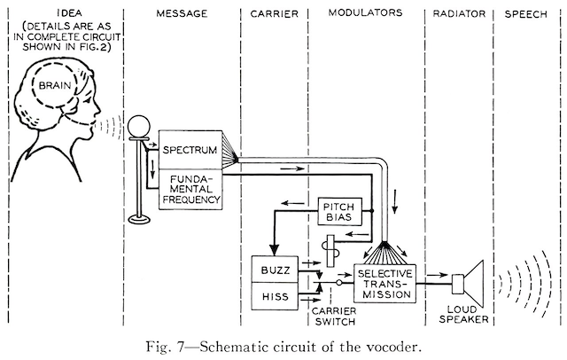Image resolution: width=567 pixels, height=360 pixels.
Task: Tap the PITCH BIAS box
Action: coord(339,212)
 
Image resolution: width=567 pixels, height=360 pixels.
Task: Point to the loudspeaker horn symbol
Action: coord(469,282)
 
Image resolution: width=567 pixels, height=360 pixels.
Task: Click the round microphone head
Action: coord(138,125)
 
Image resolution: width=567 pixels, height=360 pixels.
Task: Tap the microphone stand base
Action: coord(138,217)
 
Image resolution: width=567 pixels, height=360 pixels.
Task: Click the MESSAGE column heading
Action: coord(181,13)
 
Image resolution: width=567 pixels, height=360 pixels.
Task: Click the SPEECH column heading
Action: coord(530,13)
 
